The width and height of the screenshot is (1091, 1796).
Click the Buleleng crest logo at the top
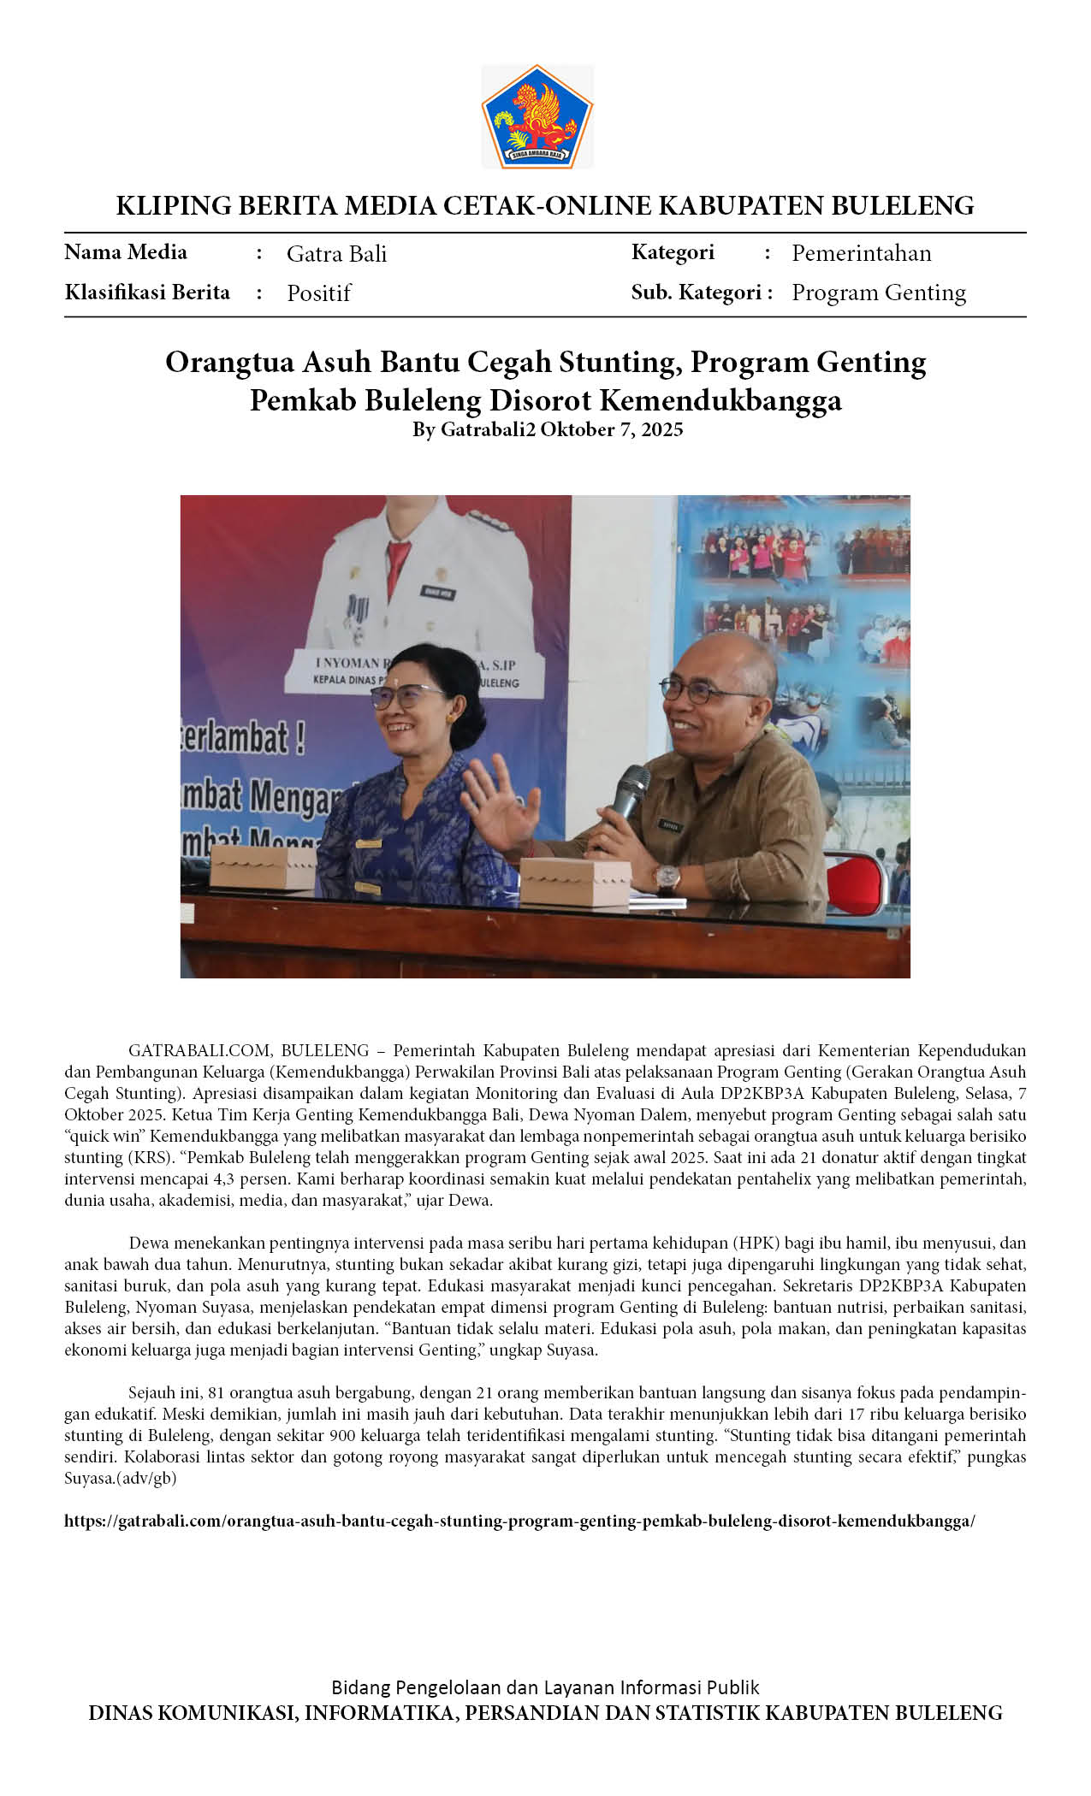[x=537, y=117]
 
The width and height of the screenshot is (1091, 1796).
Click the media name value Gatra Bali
[x=336, y=254]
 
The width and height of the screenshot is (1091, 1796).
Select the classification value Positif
[x=318, y=293]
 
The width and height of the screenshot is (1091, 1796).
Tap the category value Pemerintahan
[x=861, y=253]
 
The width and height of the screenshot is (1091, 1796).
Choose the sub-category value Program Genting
[x=878, y=292]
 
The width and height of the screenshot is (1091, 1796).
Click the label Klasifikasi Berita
[x=147, y=292]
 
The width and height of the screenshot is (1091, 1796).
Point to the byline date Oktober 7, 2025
[x=611, y=429]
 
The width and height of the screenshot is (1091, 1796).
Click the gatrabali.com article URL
[x=519, y=1521]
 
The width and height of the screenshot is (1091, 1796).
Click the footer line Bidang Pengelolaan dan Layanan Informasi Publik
[x=545, y=1687]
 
